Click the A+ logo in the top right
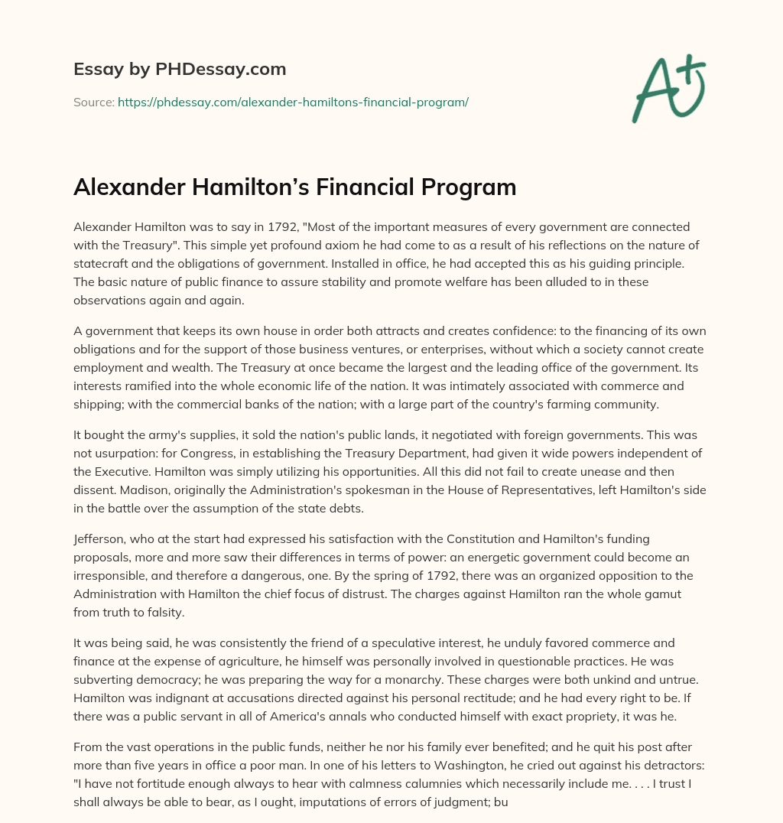click(668, 88)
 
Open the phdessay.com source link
click(293, 101)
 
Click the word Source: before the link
click(93, 101)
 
